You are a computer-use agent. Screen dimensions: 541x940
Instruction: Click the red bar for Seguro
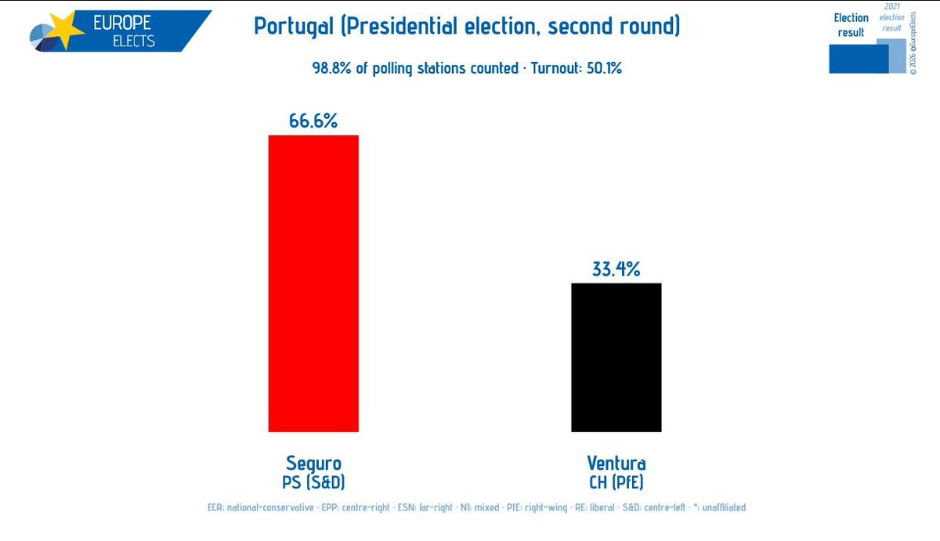[313, 283]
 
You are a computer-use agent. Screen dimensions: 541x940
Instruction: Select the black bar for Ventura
[616, 357]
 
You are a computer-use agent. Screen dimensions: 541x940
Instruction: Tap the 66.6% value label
[313, 121]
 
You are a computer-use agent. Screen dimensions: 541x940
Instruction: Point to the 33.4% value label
[616, 269]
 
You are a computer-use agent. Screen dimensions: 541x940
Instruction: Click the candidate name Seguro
[313, 463]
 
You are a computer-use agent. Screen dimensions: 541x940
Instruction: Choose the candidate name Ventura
[616, 463]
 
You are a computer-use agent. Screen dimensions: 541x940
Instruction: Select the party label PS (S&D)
[313, 481]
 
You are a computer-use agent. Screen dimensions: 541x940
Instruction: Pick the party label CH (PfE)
[616, 481]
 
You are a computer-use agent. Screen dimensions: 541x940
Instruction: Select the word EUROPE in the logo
[122, 22]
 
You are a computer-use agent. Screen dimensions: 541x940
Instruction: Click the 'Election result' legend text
[851, 25]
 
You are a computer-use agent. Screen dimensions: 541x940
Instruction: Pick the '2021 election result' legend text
[893, 17]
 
